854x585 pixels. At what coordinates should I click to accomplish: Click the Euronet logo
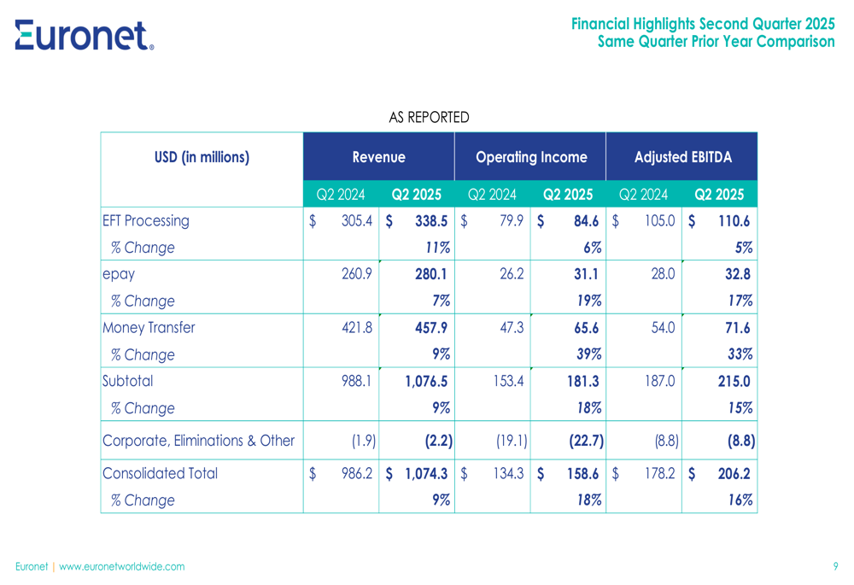[84, 35]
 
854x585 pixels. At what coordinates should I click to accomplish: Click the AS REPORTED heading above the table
[429, 117]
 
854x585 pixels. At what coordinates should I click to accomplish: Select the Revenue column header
[378, 157]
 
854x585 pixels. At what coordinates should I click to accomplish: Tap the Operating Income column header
[530, 157]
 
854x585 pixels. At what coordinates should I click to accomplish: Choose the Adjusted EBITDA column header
[682, 157]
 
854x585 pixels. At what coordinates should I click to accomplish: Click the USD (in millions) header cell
[202, 157]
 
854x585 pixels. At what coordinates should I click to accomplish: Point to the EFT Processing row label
[145, 221]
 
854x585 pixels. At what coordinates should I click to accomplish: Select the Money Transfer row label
[149, 328]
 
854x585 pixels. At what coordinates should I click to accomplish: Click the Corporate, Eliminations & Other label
[198, 441]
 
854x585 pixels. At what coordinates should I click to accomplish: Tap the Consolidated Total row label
[160, 473]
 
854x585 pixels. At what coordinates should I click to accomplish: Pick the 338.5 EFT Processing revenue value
[431, 221]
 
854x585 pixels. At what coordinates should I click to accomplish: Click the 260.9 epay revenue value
[357, 274]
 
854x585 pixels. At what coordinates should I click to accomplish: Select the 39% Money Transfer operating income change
[588, 354]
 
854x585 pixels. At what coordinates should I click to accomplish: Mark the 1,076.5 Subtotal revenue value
[426, 381]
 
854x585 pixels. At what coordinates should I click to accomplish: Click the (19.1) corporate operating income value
[512, 441]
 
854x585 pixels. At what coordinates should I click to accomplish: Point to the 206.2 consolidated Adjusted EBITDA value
[735, 473]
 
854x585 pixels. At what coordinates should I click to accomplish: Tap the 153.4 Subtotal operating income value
[507, 381]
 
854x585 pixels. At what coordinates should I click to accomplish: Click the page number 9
[835, 566]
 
